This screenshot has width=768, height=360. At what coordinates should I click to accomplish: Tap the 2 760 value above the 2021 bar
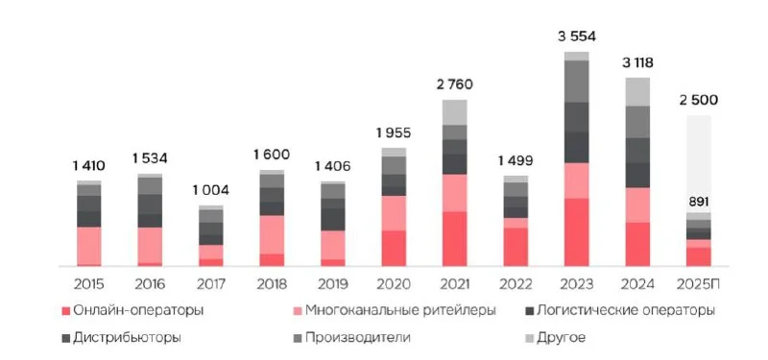(454, 85)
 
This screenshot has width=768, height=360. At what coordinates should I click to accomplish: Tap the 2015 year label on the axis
(89, 284)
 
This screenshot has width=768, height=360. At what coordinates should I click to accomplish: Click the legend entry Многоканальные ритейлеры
(400, 310)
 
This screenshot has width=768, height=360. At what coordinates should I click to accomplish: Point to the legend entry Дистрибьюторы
(127, 337)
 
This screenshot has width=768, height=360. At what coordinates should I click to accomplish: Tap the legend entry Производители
(360, 337)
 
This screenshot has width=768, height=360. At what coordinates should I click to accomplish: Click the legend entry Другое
(563, 337)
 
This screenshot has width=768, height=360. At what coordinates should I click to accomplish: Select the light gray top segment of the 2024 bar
(637, 91)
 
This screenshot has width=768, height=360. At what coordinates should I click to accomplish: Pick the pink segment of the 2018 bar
(272, 234)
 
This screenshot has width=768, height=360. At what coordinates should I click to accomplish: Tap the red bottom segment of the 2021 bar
(454, 238)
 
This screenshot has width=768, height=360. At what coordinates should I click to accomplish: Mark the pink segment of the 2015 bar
(89, 245)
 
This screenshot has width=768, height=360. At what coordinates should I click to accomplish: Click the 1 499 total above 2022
(515, 160)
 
